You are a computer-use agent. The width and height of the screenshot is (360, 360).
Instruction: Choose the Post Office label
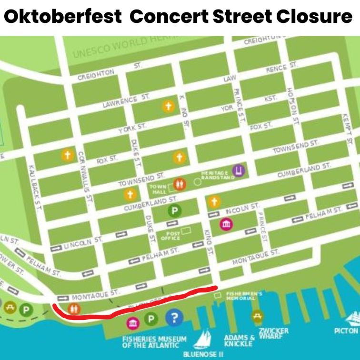pyautogui.click(x=170, y=236)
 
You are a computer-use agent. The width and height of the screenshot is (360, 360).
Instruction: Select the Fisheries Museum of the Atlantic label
pyautogui.click(x=154, y=342)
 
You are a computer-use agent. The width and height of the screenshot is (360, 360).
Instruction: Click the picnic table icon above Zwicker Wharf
pyautogui.click(x=258, y=315)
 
